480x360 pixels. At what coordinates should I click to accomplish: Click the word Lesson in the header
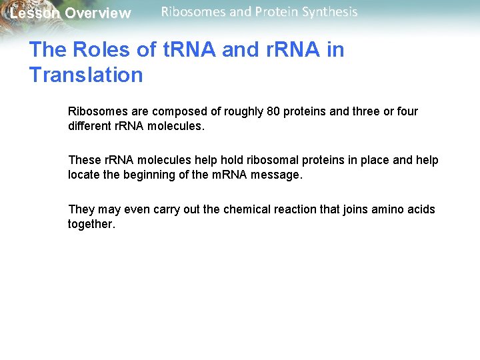click(x=34, y=13)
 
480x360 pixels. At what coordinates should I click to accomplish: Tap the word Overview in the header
click(x=98, y=13)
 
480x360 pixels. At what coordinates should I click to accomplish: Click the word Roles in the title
click(x=95, y=50)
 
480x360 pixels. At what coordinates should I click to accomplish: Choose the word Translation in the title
click(x=86, y=75)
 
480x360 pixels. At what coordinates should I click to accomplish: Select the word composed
click(x=176, y=111)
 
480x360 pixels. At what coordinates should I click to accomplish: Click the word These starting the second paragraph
click(x=84, y=160)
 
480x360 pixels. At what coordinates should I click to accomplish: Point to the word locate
click(x=83, y=175)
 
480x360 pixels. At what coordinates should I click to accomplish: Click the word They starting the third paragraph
click(x=81, y=209)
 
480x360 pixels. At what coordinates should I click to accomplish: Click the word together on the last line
click(x=91, y=224)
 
